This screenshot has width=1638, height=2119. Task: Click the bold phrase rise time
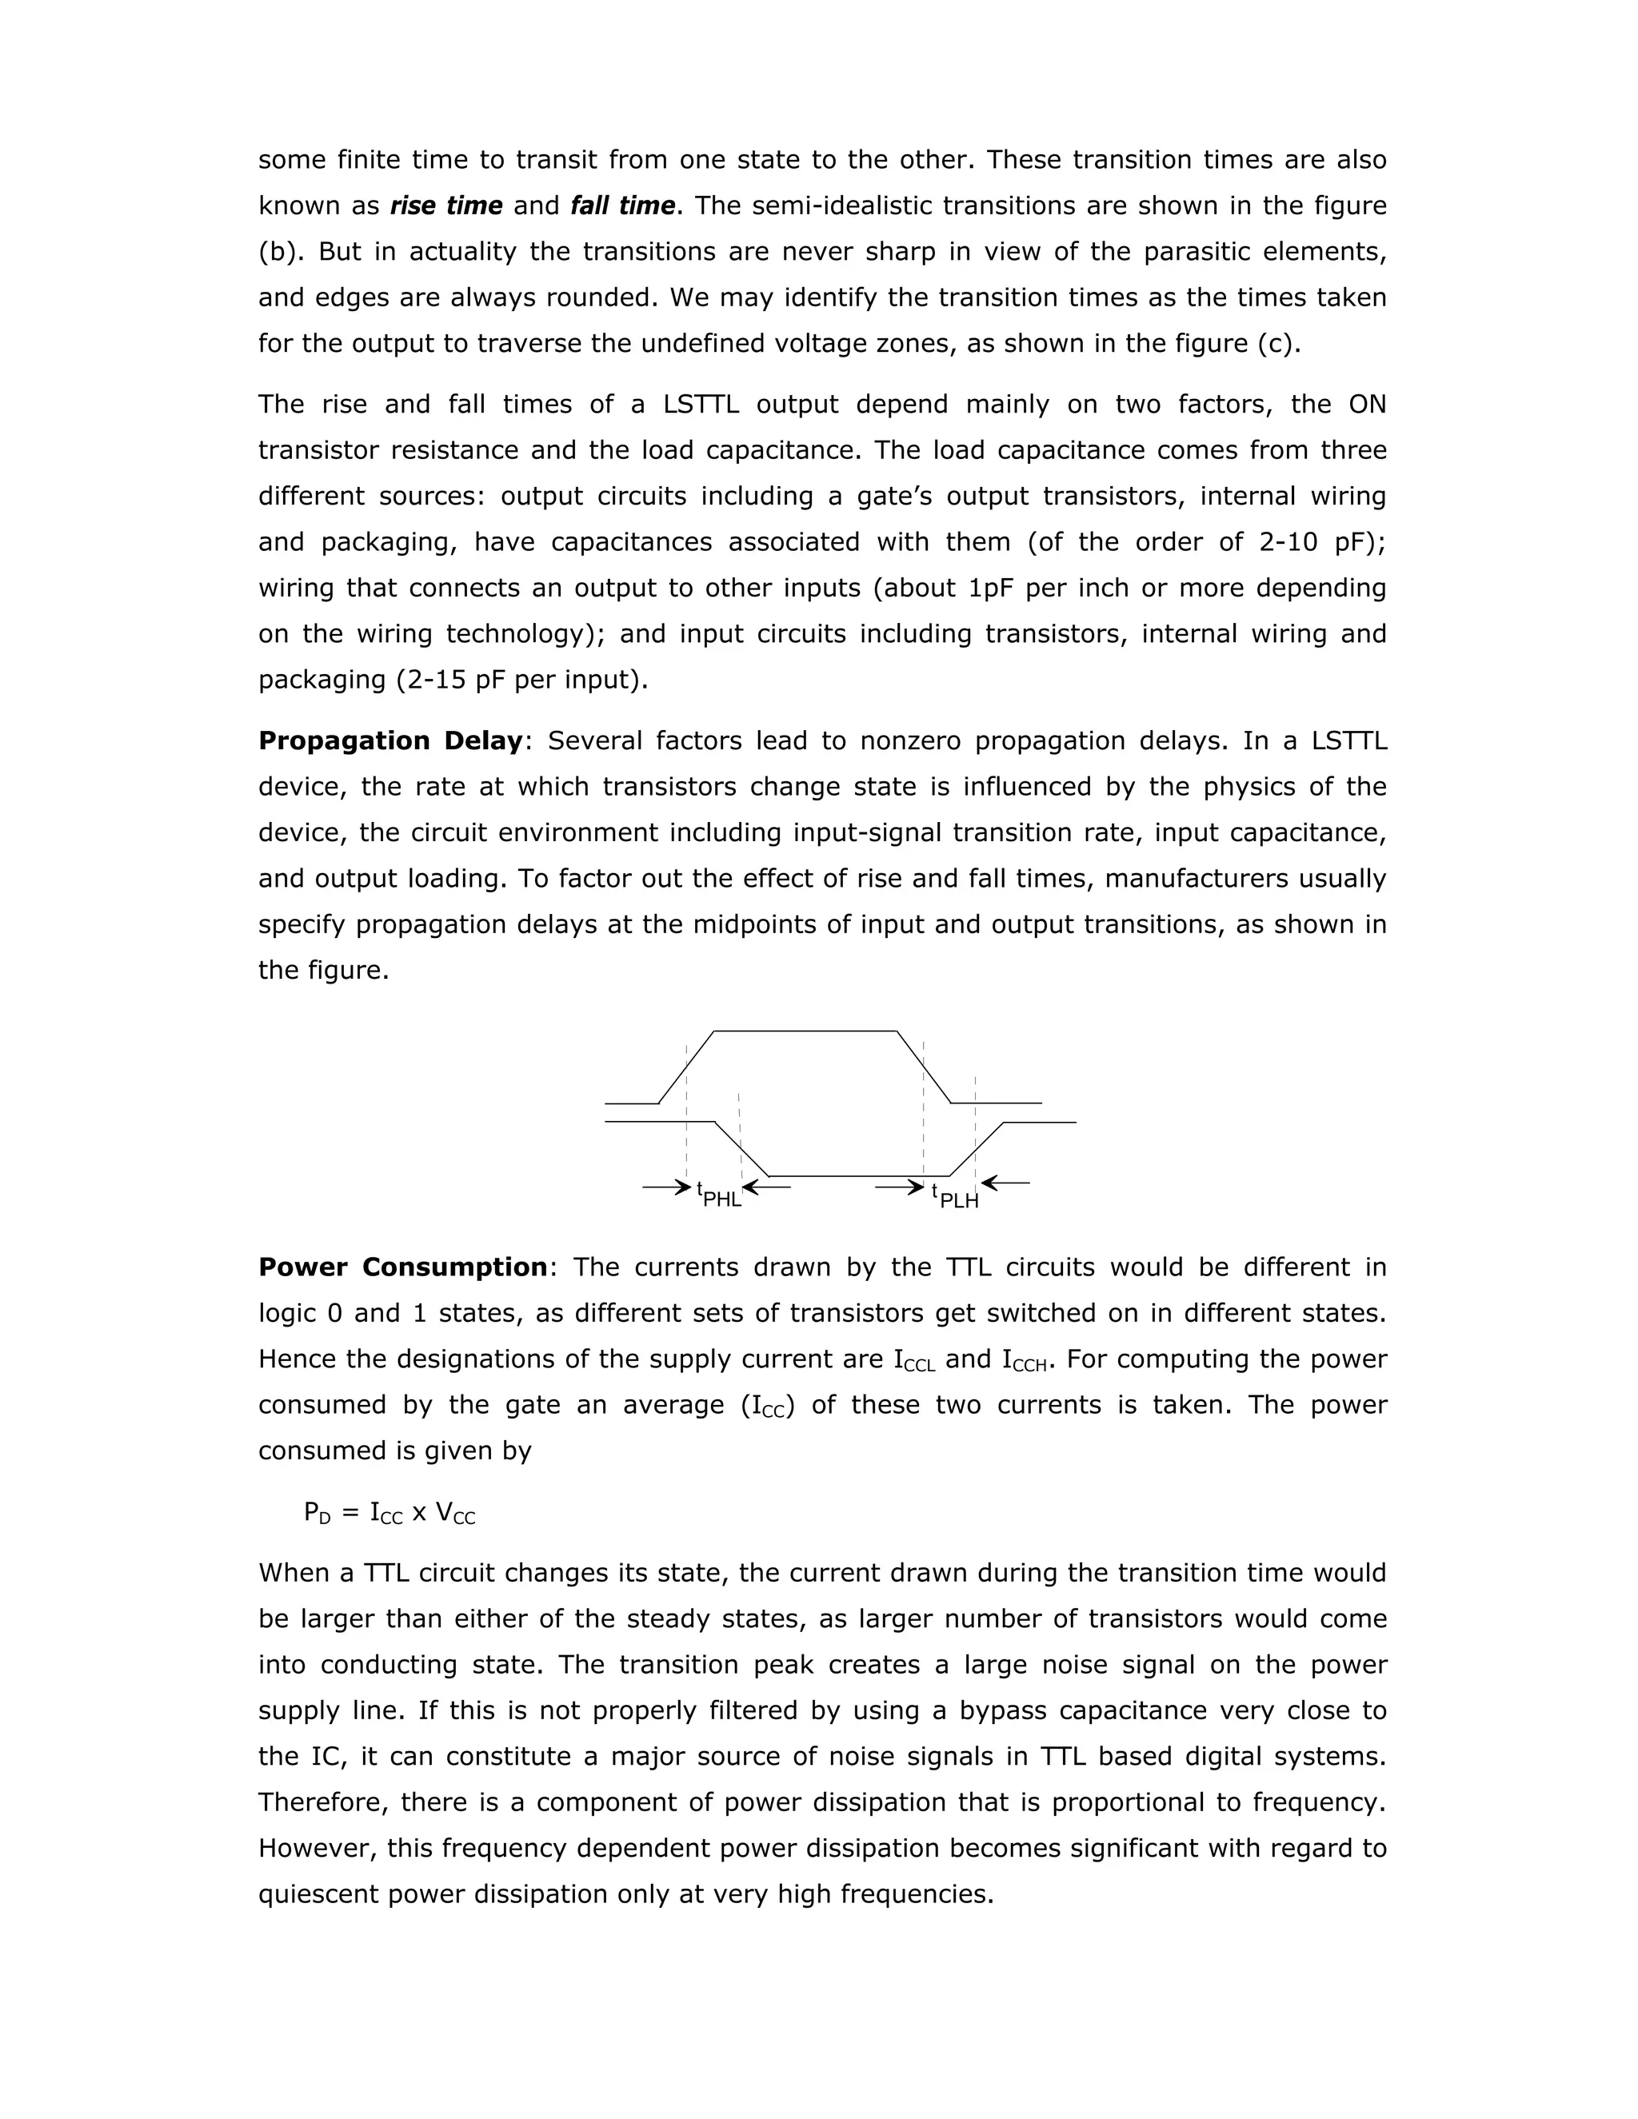[445, 206]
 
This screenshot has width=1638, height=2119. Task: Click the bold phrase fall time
[622, 206]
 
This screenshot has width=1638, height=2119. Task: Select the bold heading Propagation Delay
[390, 740]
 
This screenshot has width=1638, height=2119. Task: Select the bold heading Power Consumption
[403, 1267]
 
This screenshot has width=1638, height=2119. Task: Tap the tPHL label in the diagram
[719, 1195]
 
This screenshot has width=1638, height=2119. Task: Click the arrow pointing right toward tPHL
[665, 1187]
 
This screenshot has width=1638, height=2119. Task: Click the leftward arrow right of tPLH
[1005, 1183]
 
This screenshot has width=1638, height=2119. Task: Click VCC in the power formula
[455, 1513]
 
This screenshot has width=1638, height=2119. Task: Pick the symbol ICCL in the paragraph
[914, 1360]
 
